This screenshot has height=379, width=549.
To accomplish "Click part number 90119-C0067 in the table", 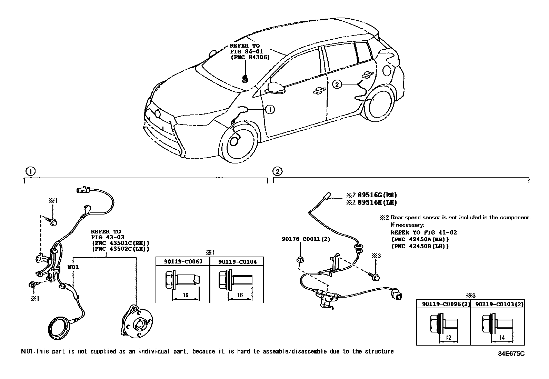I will pyautogui.click(x=183, y=261).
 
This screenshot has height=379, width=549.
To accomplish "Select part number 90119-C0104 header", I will pyautogui.click(x=237, y=261).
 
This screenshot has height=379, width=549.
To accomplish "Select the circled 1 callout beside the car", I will pyautogui.click(x=270, y=110).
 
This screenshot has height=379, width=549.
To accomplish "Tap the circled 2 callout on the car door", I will pyautogui.click(x=337, y=84).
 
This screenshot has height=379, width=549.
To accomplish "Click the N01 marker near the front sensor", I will pyautogui.click(x=73, y=267).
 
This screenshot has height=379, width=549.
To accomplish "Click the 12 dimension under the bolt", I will pyautogui.click(x=448, y=338).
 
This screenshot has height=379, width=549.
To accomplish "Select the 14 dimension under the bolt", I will pyautogui.click(x=502, y=338).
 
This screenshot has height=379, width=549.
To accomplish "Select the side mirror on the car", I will pyautogui.click(x=277, y=88).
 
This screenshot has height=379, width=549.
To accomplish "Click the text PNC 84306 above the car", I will pyautogui.click(x=250, y=58).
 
